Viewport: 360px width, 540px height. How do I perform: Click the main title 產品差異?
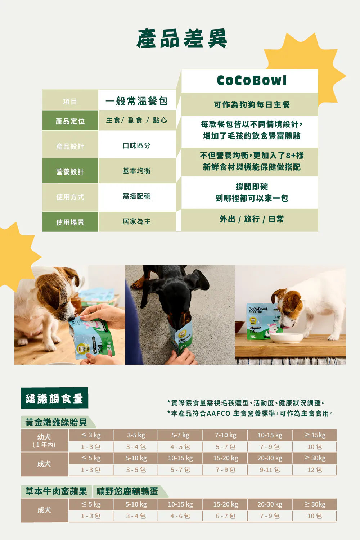click(181, 39)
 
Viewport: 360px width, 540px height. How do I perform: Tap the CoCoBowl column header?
click(252, 80)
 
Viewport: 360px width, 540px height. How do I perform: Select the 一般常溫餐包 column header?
click(136, 101)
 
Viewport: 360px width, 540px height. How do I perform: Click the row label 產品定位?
click(70, 121)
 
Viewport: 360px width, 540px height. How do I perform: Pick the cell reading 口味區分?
click(136, 145)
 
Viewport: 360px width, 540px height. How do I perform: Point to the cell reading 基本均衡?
click(136, 171)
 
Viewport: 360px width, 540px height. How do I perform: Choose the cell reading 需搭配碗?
click(136, 196)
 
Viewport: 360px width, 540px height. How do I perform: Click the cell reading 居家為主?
click(136, 221)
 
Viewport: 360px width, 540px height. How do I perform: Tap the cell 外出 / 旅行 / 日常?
click(252, 219)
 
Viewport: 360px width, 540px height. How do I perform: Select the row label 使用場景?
click(70, 222)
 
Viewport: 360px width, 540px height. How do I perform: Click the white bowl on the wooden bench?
click(287, 338)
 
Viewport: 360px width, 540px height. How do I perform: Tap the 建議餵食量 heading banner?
click(54, 398)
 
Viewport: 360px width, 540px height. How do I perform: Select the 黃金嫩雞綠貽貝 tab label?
click(56, 422)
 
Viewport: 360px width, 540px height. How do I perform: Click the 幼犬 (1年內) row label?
click(44, 440)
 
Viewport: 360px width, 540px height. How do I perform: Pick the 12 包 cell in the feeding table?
click(314, 469)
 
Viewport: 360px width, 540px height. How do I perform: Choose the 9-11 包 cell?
click(270, 469)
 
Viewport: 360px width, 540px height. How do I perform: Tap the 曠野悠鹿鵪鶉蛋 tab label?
click(127, 491)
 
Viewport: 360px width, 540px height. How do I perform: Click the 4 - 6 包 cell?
click(180, 516)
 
